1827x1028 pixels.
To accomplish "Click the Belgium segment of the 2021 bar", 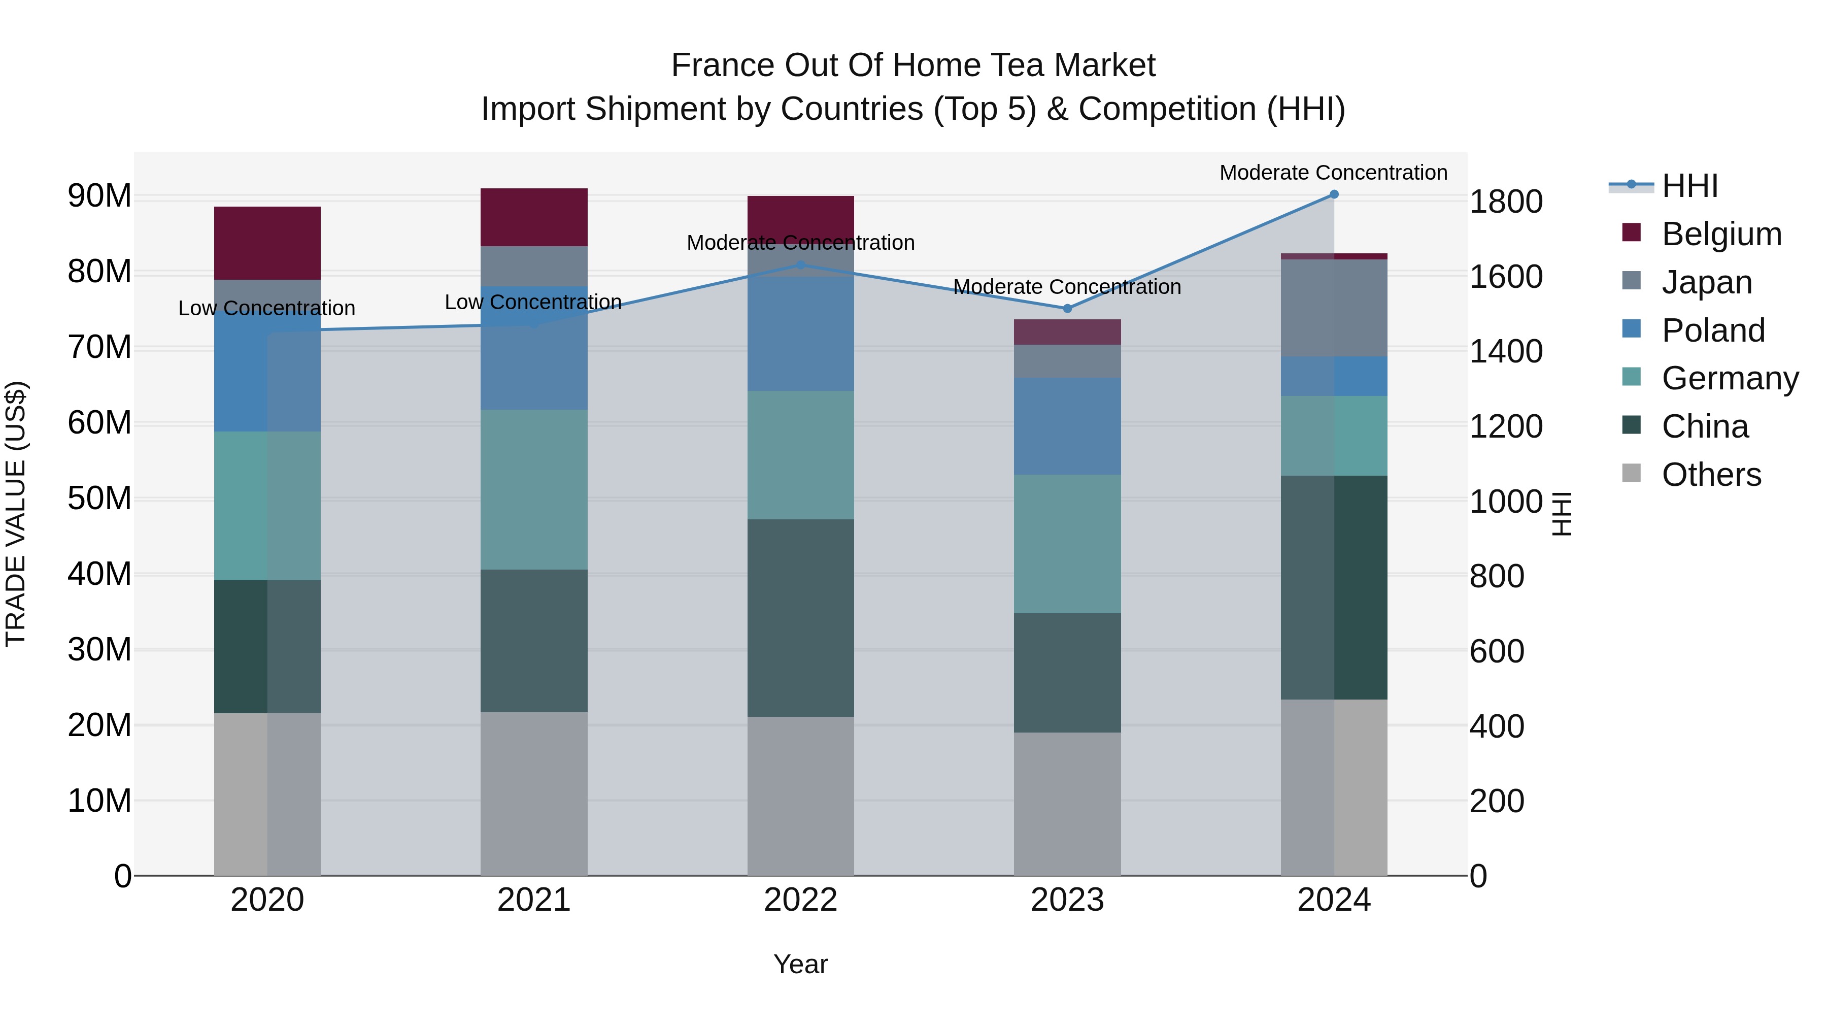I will point(533,217).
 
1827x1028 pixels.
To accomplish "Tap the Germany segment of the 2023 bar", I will point(1067,543).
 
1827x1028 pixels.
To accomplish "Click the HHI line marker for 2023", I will point(1067,309).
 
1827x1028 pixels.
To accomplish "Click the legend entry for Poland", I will point(1712,330).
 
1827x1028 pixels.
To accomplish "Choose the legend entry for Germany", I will point(1729,378).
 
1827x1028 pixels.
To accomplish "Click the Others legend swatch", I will point(1631,473).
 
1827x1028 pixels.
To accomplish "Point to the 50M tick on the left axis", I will point(99,499).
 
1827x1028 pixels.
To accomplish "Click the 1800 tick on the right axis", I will point(1505,202).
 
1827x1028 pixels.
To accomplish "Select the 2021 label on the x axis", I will point(533,900).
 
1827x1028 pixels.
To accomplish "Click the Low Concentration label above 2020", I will point(266,309).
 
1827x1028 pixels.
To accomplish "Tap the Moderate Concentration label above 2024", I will point(1333,173).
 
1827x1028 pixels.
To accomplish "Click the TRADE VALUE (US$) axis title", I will point(16,514).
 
